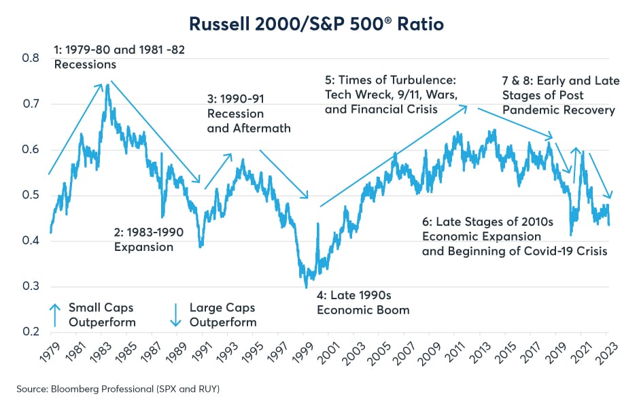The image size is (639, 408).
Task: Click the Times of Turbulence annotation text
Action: coord(396,95)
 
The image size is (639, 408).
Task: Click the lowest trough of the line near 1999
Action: coord(306,287)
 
